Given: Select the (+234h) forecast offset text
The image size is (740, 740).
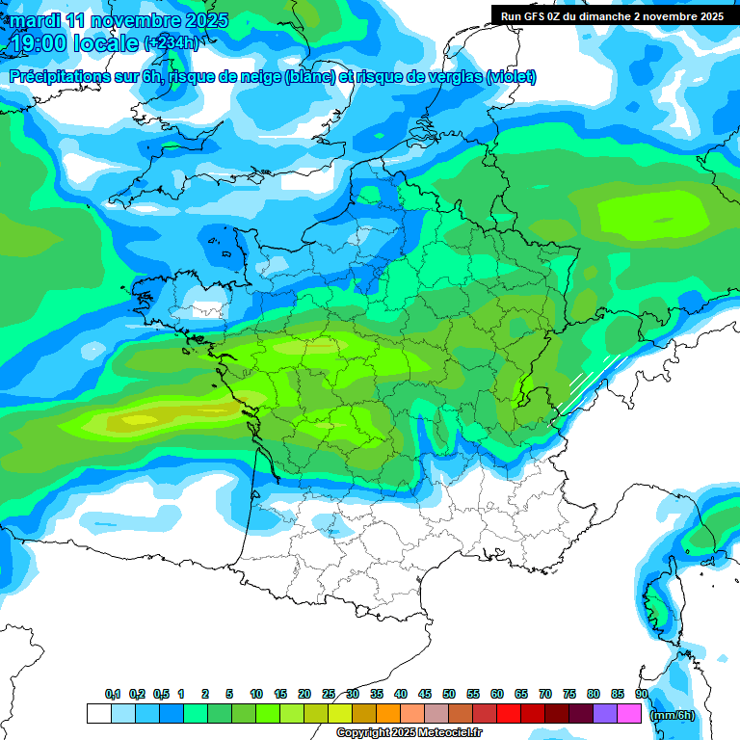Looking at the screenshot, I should (171, 43).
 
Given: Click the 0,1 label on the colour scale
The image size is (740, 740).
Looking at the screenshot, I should (112, 695).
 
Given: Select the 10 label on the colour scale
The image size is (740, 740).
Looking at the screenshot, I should (256, 695).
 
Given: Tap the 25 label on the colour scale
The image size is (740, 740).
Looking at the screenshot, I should (329, 695).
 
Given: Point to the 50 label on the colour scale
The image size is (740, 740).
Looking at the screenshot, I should (449, 695).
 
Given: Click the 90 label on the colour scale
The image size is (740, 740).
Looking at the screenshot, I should (641, 695).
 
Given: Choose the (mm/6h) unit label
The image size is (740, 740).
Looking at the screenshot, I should (673, 715).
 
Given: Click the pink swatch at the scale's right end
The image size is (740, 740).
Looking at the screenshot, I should (629, 714).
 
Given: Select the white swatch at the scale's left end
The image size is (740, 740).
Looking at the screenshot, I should (98, 714).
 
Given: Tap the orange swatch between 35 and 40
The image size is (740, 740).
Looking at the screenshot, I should (388, 714).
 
